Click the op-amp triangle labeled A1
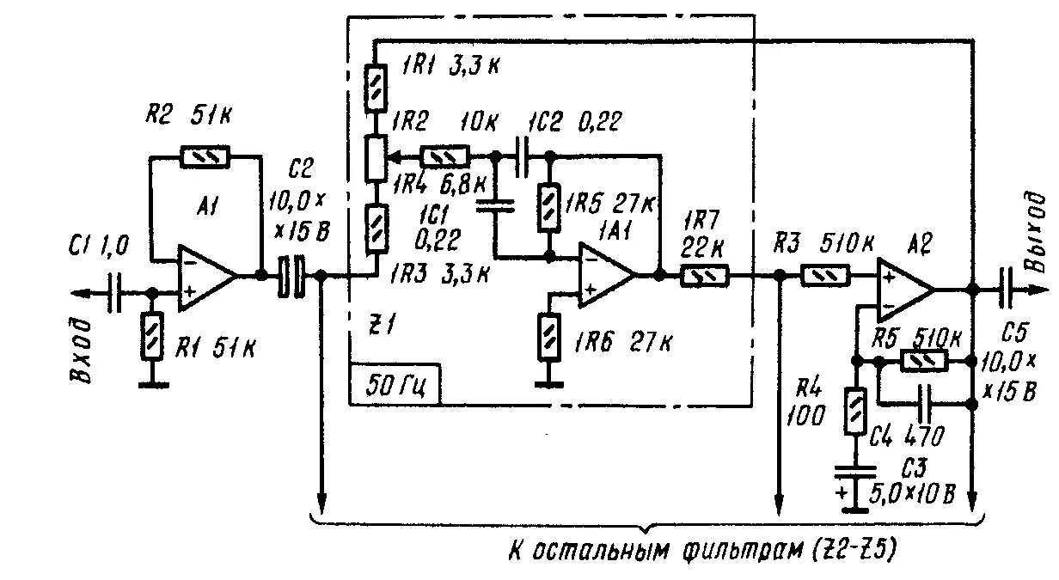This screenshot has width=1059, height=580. tap(205, 278)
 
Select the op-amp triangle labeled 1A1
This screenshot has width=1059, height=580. tap(605, 276)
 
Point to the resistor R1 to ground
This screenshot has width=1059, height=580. tap(152, 336)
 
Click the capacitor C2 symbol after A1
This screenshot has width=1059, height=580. tap(292, 277)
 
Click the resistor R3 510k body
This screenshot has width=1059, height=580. tap(826, 276)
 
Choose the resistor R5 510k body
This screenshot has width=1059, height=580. tap(923, 361)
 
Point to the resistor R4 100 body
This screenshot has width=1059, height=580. tap(855, 411)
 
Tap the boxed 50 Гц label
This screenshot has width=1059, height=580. tap(395, 383)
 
